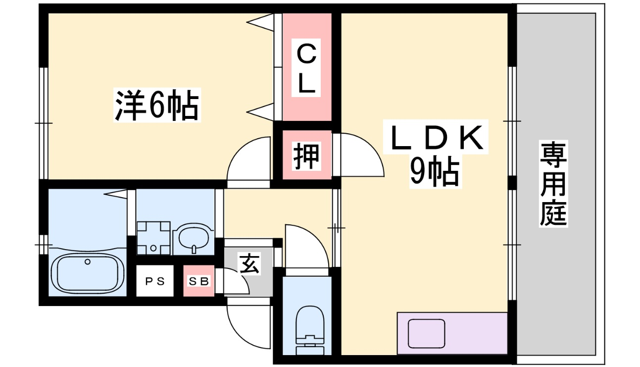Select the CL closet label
(x=306, y=69)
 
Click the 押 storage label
(x=306, y=156)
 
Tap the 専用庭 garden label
(x=553, y=184)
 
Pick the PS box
(x=154, y=281)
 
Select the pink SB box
(x=198, y=281)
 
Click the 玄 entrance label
(x=249, y=263)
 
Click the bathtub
(x=87, y=273)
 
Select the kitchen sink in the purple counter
(x=426, y=334)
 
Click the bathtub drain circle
(x=88, y=261)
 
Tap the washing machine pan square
(x=153, y=238)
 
